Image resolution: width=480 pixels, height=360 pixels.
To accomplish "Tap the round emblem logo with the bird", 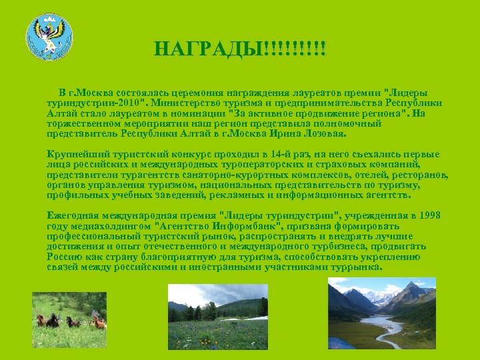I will [49, 37].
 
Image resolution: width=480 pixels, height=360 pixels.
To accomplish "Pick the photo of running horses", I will [69, 319].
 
